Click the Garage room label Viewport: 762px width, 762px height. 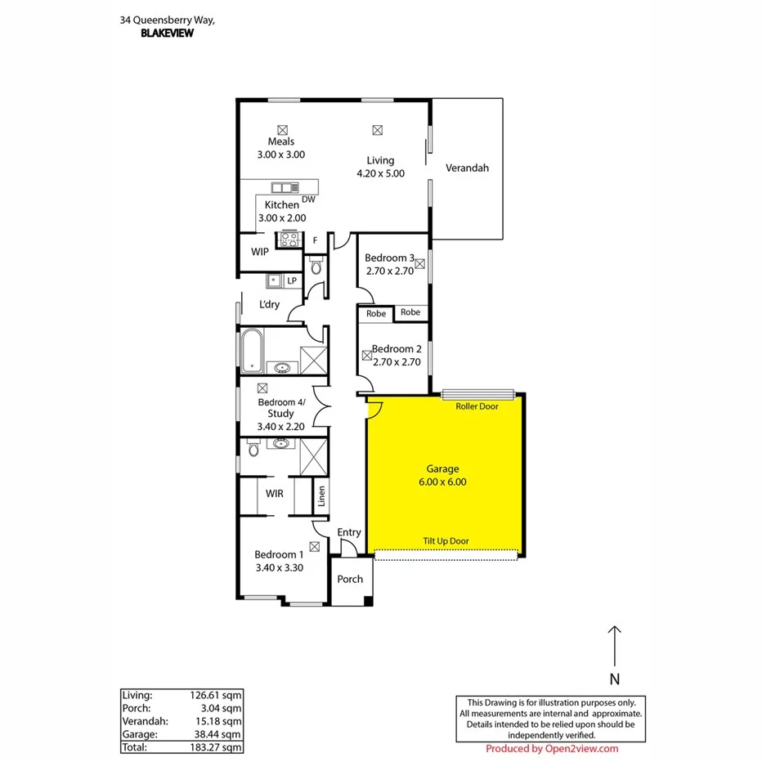442,469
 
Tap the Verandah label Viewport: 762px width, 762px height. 467,168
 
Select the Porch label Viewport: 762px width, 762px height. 350,579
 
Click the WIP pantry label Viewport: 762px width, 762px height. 260,252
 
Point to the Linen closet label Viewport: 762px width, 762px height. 322,496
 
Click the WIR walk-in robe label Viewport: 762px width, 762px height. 275,494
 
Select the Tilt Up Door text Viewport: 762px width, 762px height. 446,541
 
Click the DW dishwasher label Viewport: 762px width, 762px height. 308,199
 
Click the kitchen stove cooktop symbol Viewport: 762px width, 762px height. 289,240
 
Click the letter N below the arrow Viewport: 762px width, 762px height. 615,679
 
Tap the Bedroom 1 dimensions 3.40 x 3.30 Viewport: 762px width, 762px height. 279,567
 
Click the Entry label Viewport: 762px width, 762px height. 349,532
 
